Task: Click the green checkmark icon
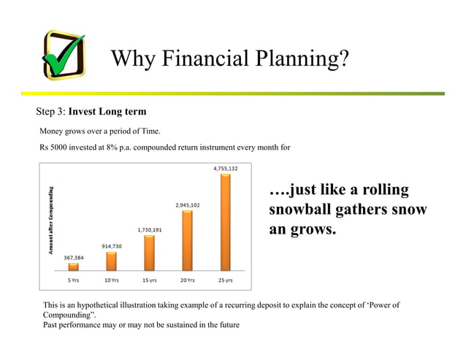tap(64, 56)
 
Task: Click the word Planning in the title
tap(298, 58)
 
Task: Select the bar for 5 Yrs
tap(73, 267)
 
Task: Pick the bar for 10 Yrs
tap(111, 261)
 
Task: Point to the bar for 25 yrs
tap(225, 222)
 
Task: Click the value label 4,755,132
tap(225, 169)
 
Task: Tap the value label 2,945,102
tap(187, 205)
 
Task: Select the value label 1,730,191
tap(149, 230)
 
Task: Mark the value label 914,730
tap(111, 246)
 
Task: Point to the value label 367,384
tap(73, 257)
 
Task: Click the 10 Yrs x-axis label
tap(111, 280)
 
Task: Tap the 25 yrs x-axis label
tap(225, 280)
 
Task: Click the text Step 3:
tap(51, 112)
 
